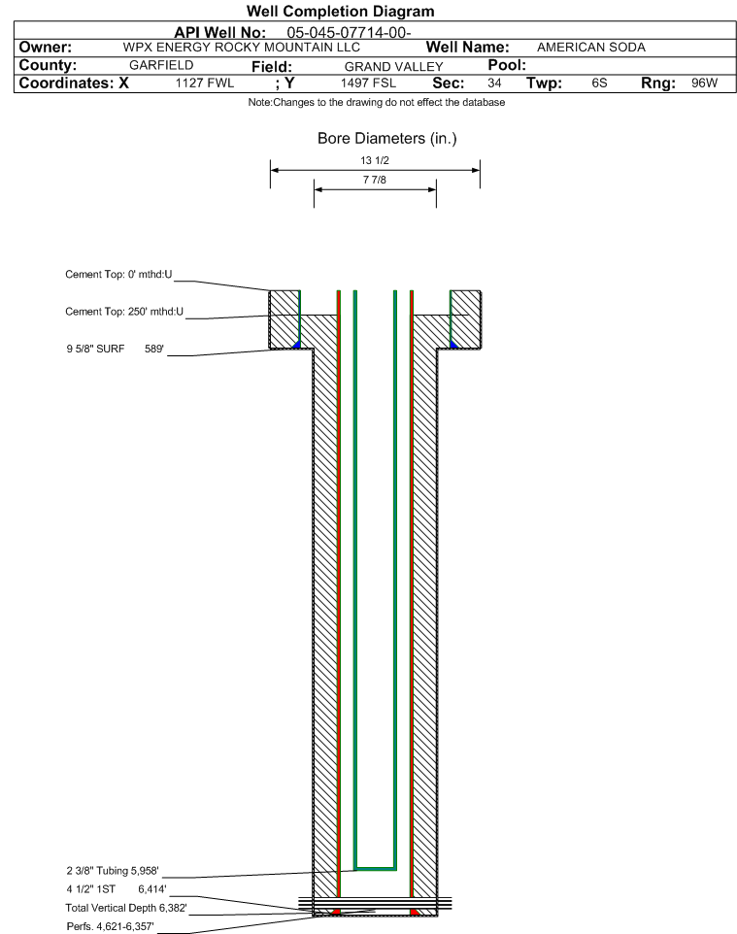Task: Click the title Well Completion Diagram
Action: [x=340, y=12]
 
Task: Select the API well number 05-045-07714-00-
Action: [x=350, y=33]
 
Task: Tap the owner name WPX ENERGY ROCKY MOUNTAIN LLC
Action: [x=242, y=47]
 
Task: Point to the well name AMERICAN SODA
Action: [x=591, y=47]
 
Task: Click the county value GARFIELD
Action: [x=161, y=65]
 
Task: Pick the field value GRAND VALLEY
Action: [x=394, y=67]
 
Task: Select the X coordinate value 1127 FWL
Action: [x=205, y=83]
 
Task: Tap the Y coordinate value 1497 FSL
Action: [x=368, y=83]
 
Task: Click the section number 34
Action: [x=494, y=83]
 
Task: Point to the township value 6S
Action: [x=599, y=83]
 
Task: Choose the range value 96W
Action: [x=704, y=83]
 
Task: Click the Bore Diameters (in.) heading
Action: [x=387, y=138]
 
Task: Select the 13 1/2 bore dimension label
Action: [x=375, y=160]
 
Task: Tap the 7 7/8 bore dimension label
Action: [x=375, y=180]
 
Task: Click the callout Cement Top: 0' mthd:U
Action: [x=118, y=275]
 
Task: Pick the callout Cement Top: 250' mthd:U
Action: [x=124, y=312]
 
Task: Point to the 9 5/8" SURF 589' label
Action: [x=115, y=349]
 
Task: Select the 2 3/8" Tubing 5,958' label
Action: [x=113, y=871]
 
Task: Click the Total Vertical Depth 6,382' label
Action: [x=126, y=908]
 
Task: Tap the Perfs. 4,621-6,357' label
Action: [x=111, y=926]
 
